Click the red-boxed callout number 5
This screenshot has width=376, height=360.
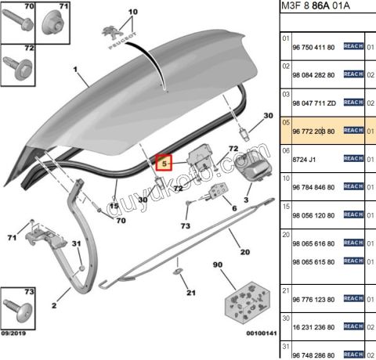click(164, 164)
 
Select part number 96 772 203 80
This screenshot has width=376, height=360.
click(313, 130)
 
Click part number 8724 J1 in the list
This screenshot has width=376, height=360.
click(303, 158)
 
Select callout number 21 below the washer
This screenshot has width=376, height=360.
click(190, 293)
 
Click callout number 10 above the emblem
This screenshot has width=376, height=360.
click(132, 13)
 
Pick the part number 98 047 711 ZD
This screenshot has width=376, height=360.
click(313, 102)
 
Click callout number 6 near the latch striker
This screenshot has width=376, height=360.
click(233, 208)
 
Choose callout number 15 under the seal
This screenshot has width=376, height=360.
click(114, 206)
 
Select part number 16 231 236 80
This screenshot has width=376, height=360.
click(313, 326)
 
